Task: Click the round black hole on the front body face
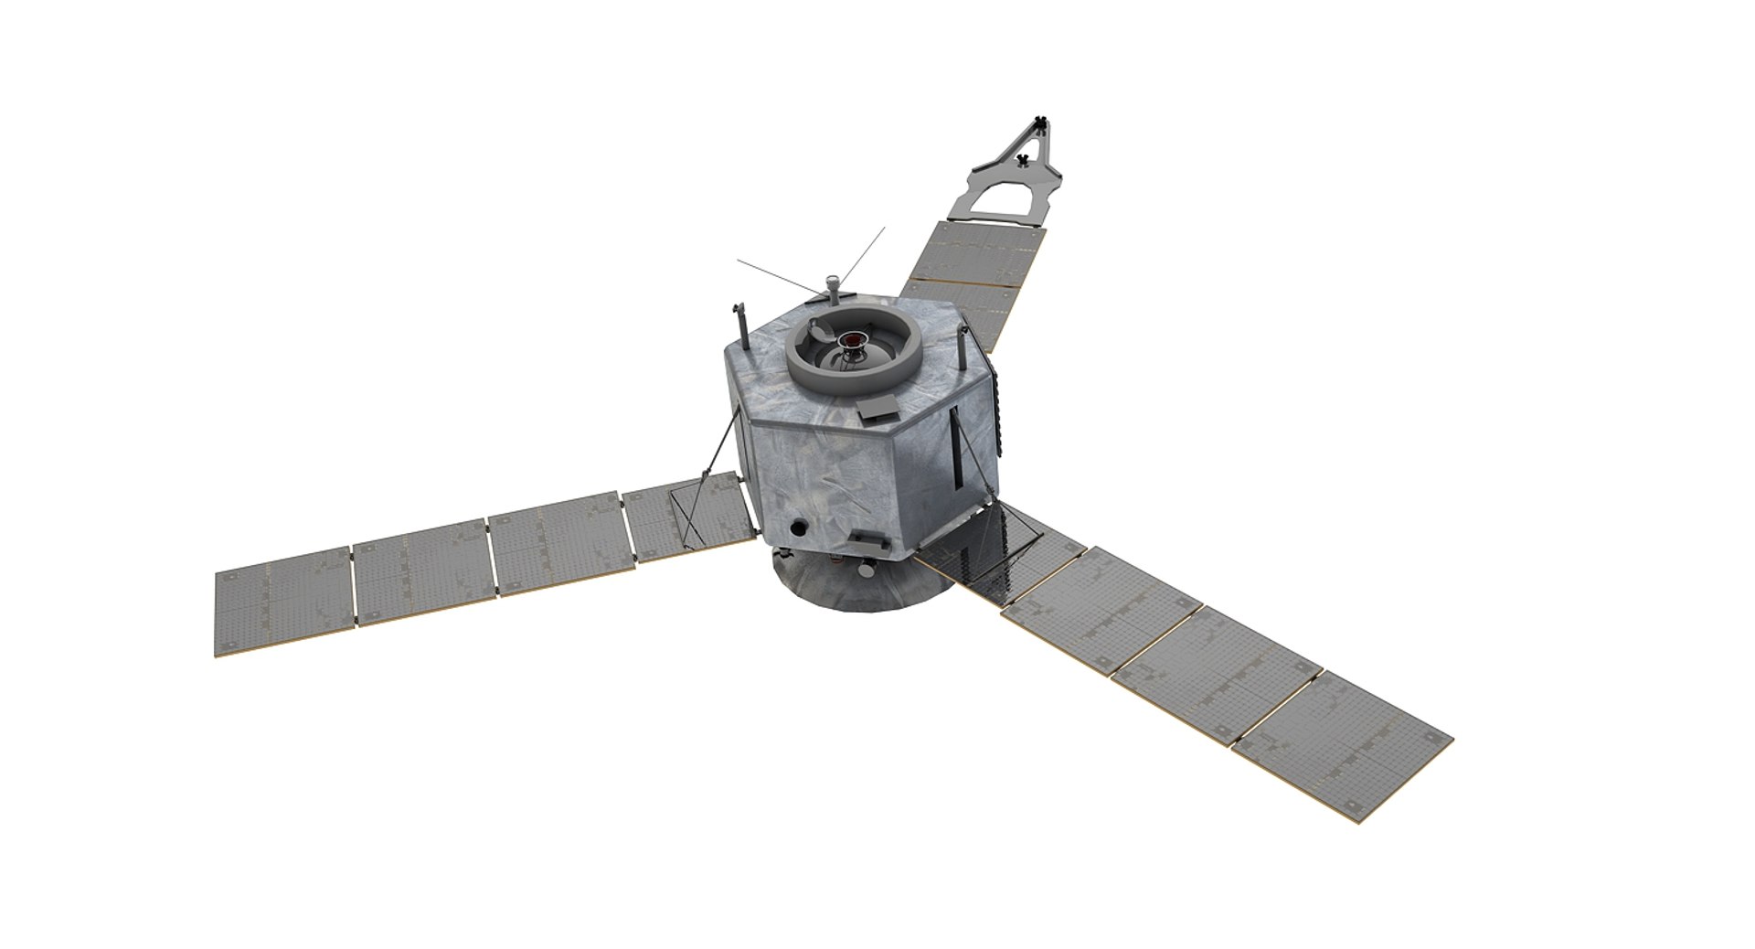pos(799,528)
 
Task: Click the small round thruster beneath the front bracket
pos(864,570)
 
